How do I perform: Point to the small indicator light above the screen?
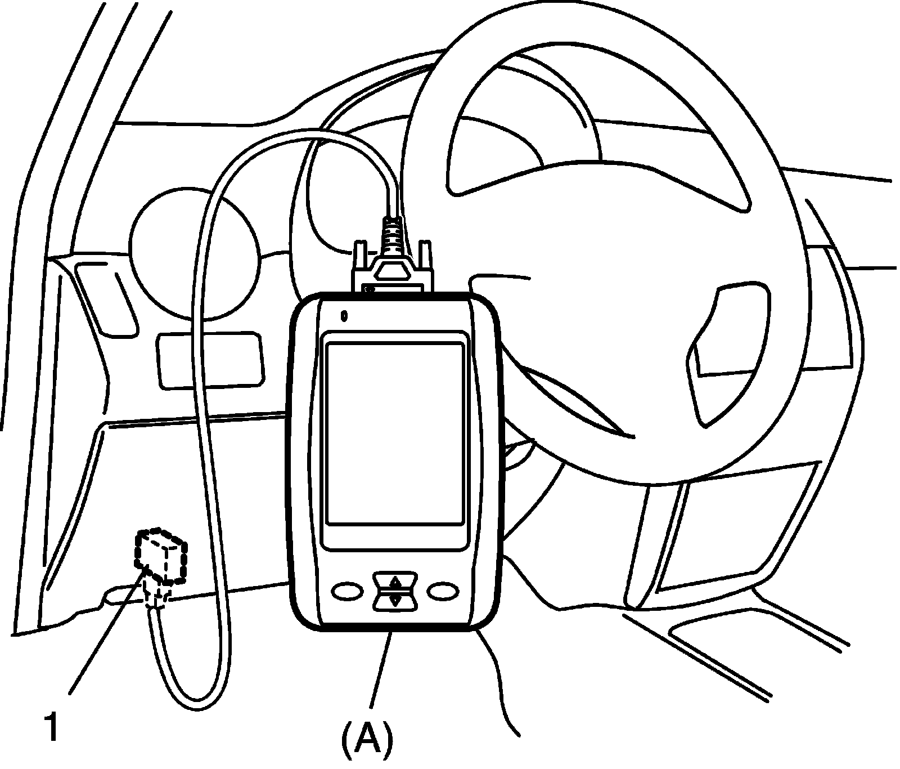(344, 316)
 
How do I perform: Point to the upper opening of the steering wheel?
(523, 113)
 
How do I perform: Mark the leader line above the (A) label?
(380, 670)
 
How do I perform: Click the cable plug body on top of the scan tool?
(394, 276)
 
